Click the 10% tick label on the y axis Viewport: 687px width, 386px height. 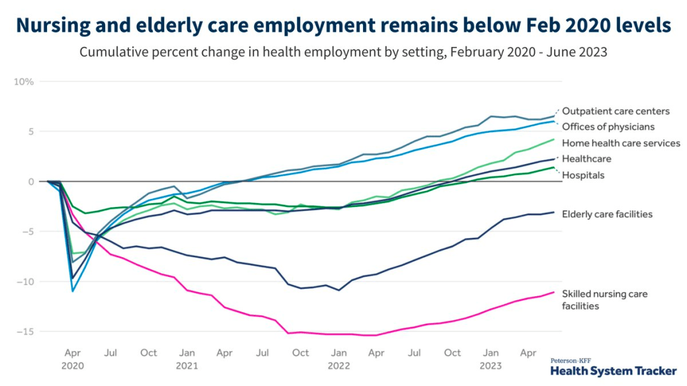tap(24, 82)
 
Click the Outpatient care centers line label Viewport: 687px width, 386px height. tap(615, 111)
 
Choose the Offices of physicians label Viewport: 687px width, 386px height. tap(608, 127)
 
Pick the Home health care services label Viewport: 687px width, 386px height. tap(621, 143)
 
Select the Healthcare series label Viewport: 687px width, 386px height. tap(586, 159)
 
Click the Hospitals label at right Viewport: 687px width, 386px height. tap(583, 175)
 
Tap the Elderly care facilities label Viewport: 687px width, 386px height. tap(607, 214)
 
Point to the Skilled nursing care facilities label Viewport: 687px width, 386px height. tap(604, 300)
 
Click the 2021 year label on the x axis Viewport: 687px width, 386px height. tap(187, 366)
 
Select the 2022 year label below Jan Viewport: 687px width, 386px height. tap(339, 366)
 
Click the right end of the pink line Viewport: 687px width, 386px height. tap(554, 292)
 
